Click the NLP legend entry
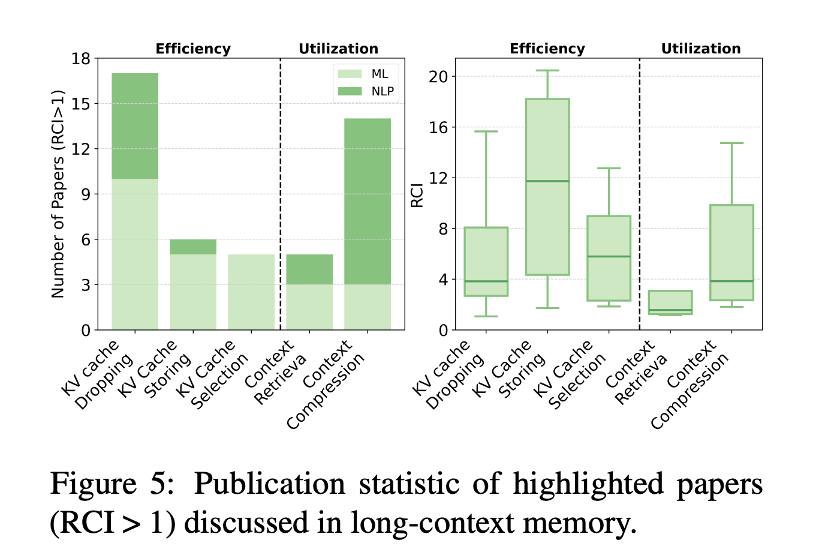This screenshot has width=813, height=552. pos(365,91)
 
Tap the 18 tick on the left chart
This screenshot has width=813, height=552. pos(80,59)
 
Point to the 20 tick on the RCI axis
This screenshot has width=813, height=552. pos(439,76)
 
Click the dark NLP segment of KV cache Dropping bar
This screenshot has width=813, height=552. pos(135,126)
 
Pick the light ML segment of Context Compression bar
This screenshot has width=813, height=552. pos(368,307)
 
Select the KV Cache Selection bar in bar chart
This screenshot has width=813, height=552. pos(251,292)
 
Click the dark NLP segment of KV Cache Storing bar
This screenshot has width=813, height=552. pos(193,247)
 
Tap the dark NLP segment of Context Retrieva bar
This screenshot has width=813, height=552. pos(309,269)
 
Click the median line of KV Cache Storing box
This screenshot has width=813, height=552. pos(547,181)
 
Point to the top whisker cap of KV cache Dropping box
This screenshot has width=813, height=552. pos(486,131)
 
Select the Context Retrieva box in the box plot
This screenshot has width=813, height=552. pos(670,302)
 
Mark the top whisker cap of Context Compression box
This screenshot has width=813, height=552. pos(731,143)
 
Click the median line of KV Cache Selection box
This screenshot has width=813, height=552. pos(609,257)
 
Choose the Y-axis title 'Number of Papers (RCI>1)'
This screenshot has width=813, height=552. pos(58,194)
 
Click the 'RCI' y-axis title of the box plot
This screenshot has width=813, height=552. pos(417,195)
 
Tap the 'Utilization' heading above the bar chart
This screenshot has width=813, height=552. pos(338,49)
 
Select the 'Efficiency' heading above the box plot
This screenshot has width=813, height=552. pos(547,49)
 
